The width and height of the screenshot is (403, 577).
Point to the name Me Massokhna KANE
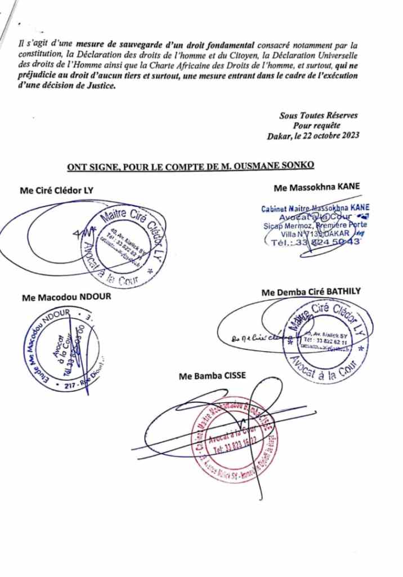[316, 187]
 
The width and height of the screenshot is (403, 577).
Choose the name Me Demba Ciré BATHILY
[311, 291]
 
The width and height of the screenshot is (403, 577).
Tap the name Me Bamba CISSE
[212, 376]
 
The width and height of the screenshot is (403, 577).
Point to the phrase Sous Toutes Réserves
[319, 116]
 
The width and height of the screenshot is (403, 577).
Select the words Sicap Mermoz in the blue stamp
[285, 225]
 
